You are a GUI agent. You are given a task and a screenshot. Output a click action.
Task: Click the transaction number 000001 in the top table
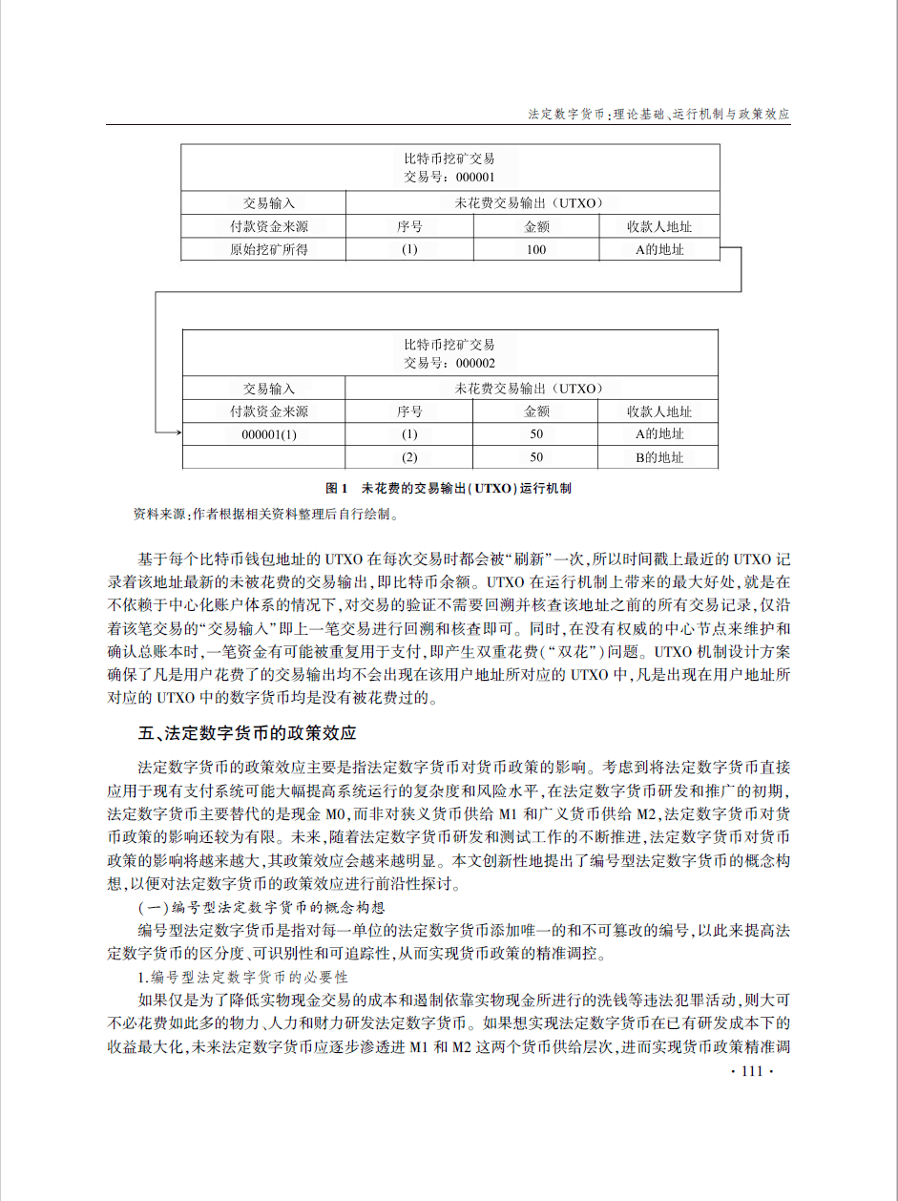(x=475, y=177)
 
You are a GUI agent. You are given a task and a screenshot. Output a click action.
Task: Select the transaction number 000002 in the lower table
(x=475, y=363)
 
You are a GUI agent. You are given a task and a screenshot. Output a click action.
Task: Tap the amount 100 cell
(x=536, y=250)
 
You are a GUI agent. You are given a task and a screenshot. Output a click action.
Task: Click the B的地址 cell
(x=659, y=457)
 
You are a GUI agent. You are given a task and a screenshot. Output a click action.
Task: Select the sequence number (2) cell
(x=409, y=457)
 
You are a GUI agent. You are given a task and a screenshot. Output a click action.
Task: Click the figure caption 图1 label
(x=338, y=488)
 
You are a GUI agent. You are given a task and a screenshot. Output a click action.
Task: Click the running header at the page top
(x=659, y=114)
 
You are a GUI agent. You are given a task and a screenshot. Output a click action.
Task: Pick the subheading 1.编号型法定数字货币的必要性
(x=243, y=978)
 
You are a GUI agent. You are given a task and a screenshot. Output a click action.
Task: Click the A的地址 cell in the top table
(x=659, y=250)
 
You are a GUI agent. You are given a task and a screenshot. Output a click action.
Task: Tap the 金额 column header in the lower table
(x=536, y=411)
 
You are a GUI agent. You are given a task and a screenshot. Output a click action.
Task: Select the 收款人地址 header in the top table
(x=659, y=227)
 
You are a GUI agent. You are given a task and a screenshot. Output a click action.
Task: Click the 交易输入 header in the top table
(x=269, y=203)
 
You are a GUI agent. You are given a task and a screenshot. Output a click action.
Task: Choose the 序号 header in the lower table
(x=409, y=411)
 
